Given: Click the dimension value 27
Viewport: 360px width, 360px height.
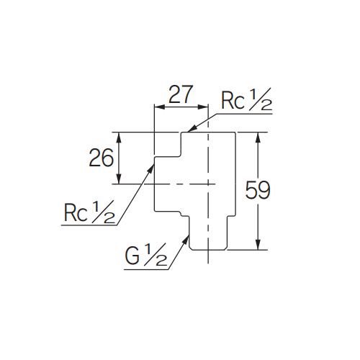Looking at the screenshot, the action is point(181,94).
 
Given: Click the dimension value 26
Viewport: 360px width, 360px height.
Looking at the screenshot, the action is point(101,158).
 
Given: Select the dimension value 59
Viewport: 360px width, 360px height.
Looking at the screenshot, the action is point(258,190).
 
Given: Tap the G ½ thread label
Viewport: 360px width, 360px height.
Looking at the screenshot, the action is point(146,255).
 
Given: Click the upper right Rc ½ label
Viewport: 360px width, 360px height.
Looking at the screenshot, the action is point(247,99).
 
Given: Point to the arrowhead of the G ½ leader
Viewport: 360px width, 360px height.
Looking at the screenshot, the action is point(186,239).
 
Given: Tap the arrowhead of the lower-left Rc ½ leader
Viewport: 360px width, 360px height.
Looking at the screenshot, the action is point(150,168).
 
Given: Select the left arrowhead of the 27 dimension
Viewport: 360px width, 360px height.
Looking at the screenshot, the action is point(159,107).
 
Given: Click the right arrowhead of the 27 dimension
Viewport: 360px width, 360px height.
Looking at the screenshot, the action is point(203,107).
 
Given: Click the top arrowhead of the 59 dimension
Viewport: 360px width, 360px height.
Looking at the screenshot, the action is point(258,138).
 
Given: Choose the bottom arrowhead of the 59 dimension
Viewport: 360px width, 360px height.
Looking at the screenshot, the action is point(258,245).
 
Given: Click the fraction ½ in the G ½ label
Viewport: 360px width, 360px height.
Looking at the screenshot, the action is point(156,254).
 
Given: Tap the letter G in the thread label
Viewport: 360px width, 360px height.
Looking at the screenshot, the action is point(132,256).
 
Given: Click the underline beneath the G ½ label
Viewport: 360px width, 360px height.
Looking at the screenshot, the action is point(146,269).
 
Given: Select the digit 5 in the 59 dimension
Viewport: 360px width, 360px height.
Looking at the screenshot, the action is point(251,190).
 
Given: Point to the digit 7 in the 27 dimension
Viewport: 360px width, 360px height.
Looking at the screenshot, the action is point(187,94).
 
